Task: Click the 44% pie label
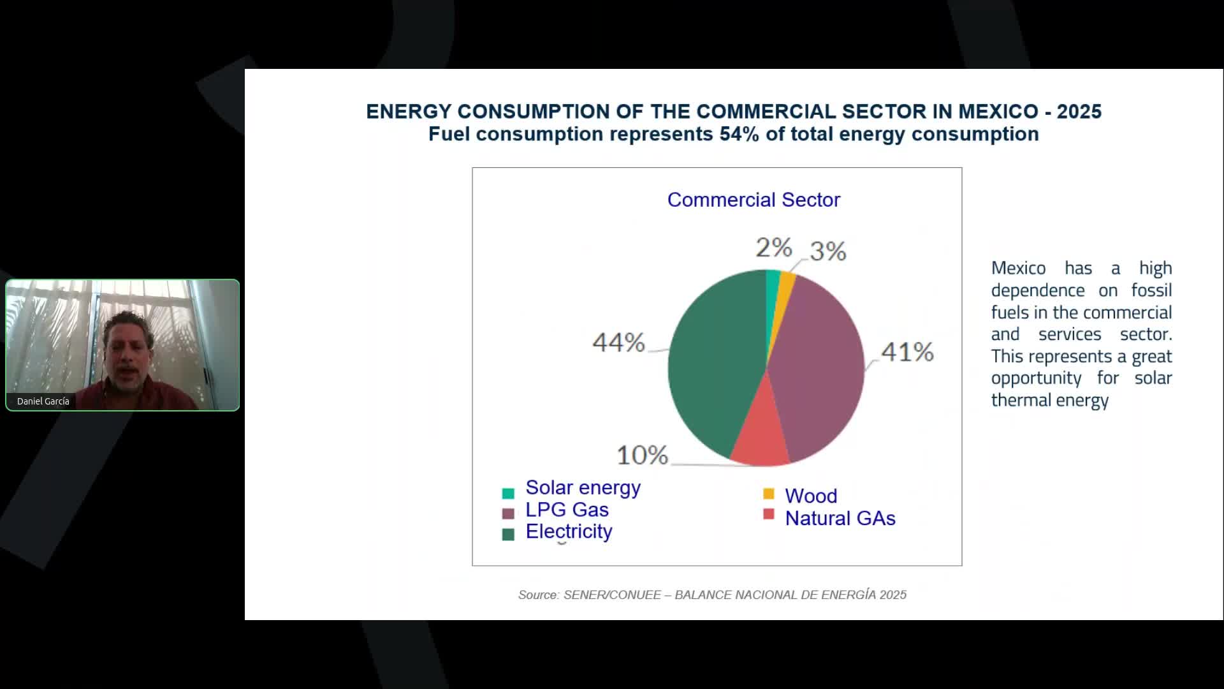point(618,343)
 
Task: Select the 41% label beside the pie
point(907,352)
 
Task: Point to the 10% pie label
point(642,456)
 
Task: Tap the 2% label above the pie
point(773,248)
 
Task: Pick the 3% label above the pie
point(828,251)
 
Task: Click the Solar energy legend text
point(583,488)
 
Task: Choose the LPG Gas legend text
point(567,510)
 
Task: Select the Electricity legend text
point(569,531)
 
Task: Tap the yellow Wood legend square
point(769,494)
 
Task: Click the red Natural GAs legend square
point(769,514)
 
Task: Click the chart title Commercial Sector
point(754,200)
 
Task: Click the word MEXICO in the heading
point(998,112)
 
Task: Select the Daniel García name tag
point(43,401)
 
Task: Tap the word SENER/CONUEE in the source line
point(612,595)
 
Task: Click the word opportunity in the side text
point(1036,378)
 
